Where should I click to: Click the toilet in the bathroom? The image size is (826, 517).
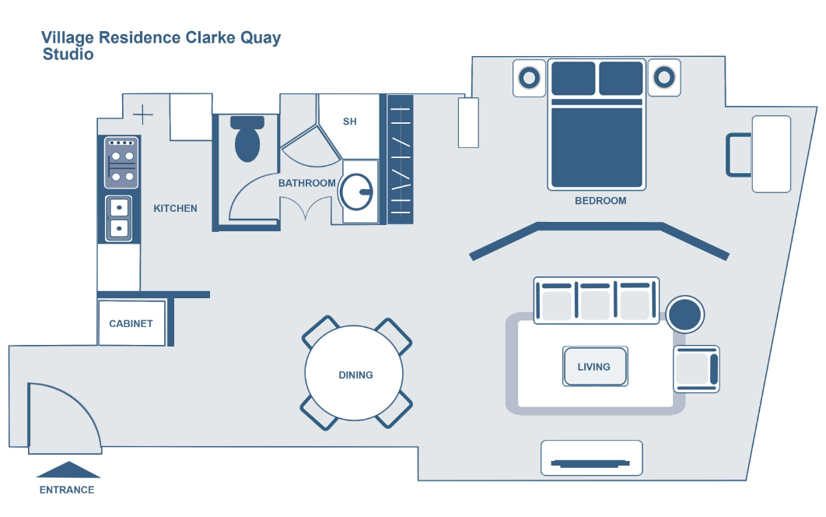247,139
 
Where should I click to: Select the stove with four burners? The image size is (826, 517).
121,163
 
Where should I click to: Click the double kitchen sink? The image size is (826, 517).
119,217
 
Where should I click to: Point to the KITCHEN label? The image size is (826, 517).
175,209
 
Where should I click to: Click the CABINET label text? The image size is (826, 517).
131,324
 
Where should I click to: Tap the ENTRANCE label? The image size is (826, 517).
67,491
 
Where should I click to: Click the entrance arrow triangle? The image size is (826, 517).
68,470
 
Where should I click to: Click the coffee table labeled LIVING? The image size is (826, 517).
594,367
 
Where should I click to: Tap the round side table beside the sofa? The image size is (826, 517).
685,315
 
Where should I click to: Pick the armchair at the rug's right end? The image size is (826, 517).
696,369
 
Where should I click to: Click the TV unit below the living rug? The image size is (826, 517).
591,459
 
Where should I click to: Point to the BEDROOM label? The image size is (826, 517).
600,201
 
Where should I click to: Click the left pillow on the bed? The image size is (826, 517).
573,79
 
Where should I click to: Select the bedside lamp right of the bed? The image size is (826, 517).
663,78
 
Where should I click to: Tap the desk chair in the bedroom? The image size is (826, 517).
738,154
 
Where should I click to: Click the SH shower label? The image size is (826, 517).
350,122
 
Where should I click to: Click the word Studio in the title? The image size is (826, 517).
68,55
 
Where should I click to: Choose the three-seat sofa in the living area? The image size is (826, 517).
597,300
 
